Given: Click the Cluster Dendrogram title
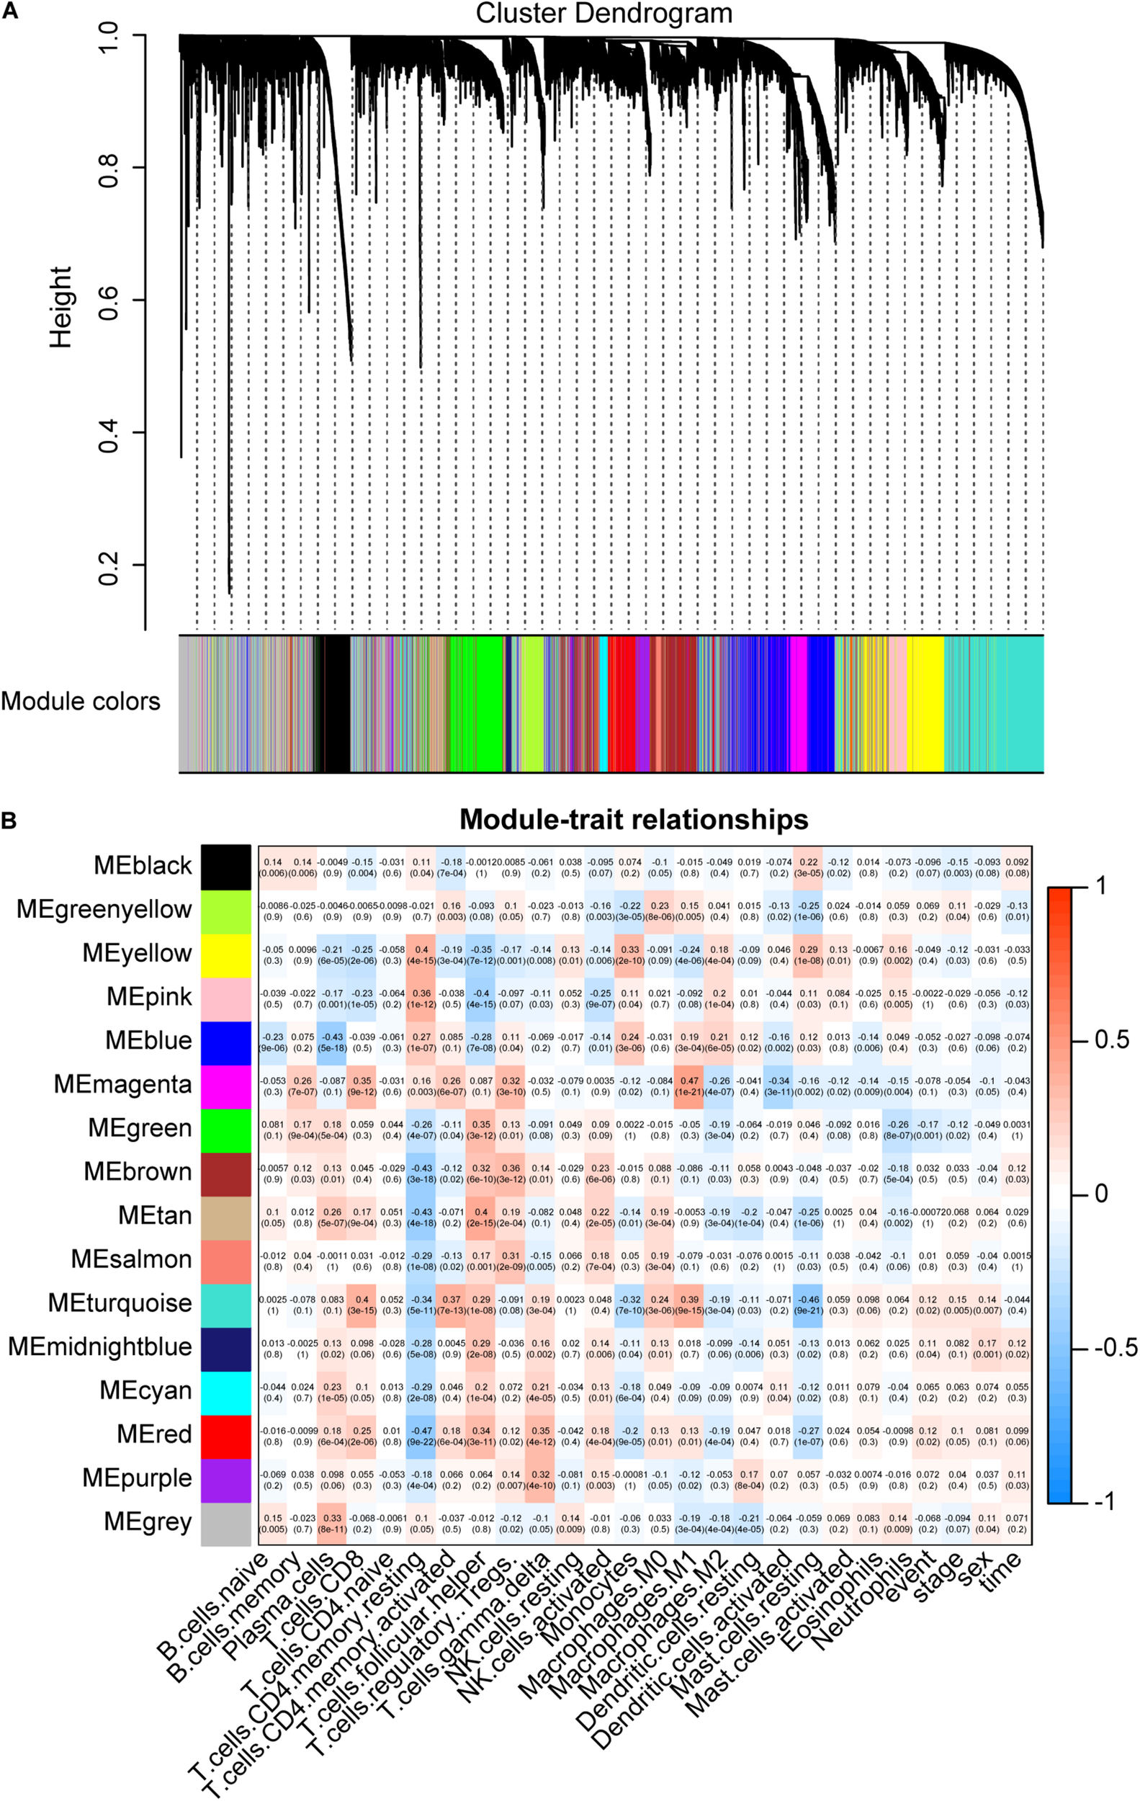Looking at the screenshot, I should click(603, 14).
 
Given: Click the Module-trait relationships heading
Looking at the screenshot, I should click(633, 820).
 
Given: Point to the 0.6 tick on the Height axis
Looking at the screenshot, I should click(109, 300).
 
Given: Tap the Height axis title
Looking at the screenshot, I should click(60, 307).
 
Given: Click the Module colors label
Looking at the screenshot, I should click(81, 702).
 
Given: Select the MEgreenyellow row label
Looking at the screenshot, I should click(104, 909).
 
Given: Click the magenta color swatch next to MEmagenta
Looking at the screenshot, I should click(225, 1084).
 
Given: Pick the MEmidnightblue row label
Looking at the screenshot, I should click(99, 1347).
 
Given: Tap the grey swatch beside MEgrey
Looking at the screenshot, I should click(225, 1522).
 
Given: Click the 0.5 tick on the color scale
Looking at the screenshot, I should click(1111, 1040).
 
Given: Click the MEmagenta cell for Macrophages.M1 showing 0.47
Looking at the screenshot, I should click(689, 1085).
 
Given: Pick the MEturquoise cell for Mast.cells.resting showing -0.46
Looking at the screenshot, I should click(808, 1305).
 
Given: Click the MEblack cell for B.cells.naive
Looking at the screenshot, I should click(273, 867).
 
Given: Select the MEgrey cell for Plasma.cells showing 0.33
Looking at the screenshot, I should click(333, 1524).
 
